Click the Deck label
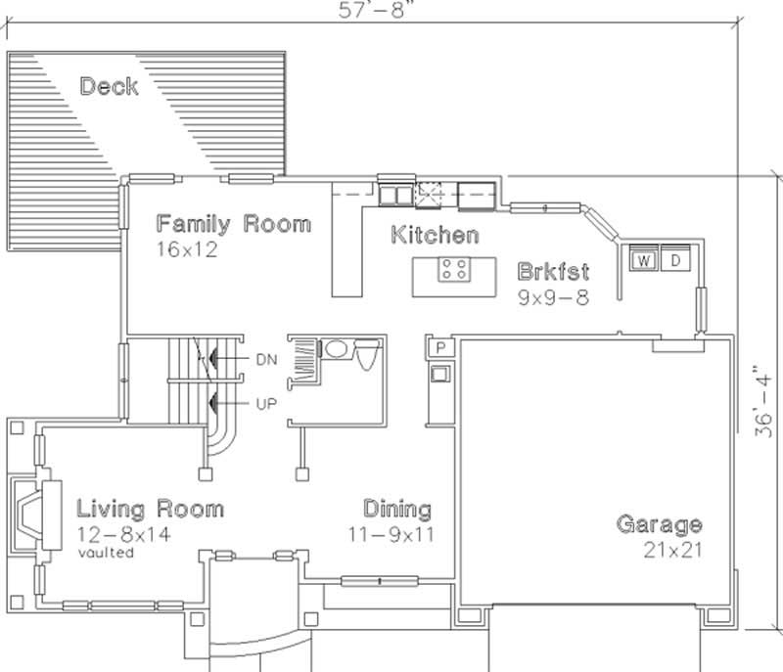pyautogui.click(x=109, y=86)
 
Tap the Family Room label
pyautogui.click(x=233, y=223)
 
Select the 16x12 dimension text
pyautogui.click(x=186, y=249)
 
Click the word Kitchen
pyautogui.click(x=435, y=235)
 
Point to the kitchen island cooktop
pyautogui.click(x=452, y=269)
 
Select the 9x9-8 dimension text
pyautogui.click(x=553, y=297)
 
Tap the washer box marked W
pyautogui.click(x=644, y=260)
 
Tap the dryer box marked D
pyautogui.click(x=675, y=260)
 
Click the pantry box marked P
pyautogui.click(x=440, y=348)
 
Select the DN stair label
pyautogui.click(x=266, y=360)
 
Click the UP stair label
pyautogui.click(x=266, y=403)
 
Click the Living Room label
pyautogui.click(x=150, y=509)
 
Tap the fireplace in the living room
pyautogui.click(x=29, y=514)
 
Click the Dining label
pyautogui.click(x=397, y=509)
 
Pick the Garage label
pyautogui.click(x=659, y=524)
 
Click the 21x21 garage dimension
pyautogui.click(x=673, y=550)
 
